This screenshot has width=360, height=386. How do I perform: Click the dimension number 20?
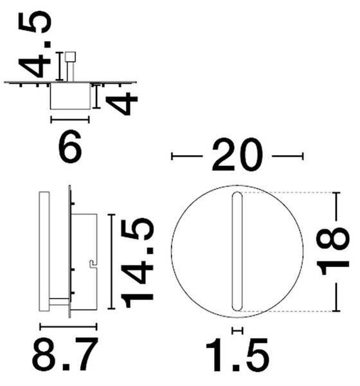(x=237, y=154)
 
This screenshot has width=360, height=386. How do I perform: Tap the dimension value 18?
(x=333, y=252)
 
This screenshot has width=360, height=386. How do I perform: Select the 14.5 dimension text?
(x=137, y=263)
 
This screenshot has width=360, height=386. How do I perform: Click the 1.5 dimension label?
(x=237, y=354)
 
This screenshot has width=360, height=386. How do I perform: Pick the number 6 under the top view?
(x=70, y=147)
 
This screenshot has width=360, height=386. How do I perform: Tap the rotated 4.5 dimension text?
(x=35, y=44)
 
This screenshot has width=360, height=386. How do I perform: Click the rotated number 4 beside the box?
(x=121, y=104)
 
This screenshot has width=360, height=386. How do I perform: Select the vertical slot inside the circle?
(x=237, y=251)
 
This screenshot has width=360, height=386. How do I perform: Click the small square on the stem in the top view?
(x=70, y=57)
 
